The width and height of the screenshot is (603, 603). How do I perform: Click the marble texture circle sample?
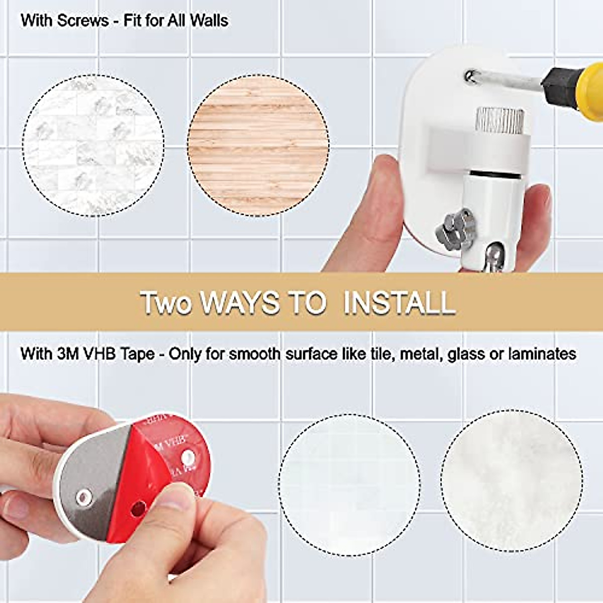pos(93,146)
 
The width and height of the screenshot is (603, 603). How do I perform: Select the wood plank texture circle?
pos(258,146)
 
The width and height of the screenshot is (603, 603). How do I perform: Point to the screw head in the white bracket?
pos(470,76)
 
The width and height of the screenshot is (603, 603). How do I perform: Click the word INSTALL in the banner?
pos(399,303)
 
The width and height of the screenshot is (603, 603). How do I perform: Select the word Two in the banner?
pos(166,303)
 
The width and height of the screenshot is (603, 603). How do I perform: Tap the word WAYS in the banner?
pos(240,303)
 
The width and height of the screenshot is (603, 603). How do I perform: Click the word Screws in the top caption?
pos(83,21)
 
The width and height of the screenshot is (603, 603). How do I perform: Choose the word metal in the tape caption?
pos(420,354)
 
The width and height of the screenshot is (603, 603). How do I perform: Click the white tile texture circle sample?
pos(350,485)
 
